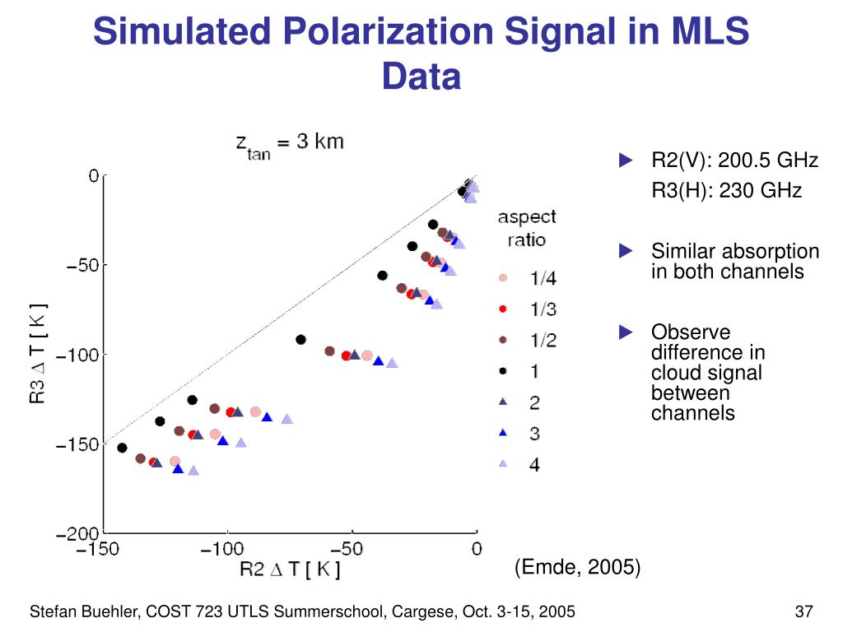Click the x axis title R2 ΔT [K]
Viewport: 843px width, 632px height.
[x=290, y=569]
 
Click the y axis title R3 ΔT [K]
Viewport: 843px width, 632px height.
[x=38, y=354]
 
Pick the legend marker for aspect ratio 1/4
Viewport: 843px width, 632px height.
[x=503, y=278]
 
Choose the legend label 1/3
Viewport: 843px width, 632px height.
[x=543, y=309]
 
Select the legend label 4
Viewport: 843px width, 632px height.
[x=535, y=465]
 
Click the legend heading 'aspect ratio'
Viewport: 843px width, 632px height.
[x=527, y=228]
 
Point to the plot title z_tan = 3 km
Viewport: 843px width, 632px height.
[x=290, y=145]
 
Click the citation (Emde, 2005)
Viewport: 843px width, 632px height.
[x=577, y=567]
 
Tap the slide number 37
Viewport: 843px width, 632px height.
[x=803, y=611]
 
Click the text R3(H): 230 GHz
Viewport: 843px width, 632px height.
[x=726, y=191]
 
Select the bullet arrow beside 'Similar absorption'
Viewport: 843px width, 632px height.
[x=626, y=250]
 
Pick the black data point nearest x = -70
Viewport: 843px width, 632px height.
[x=300, y=339]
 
